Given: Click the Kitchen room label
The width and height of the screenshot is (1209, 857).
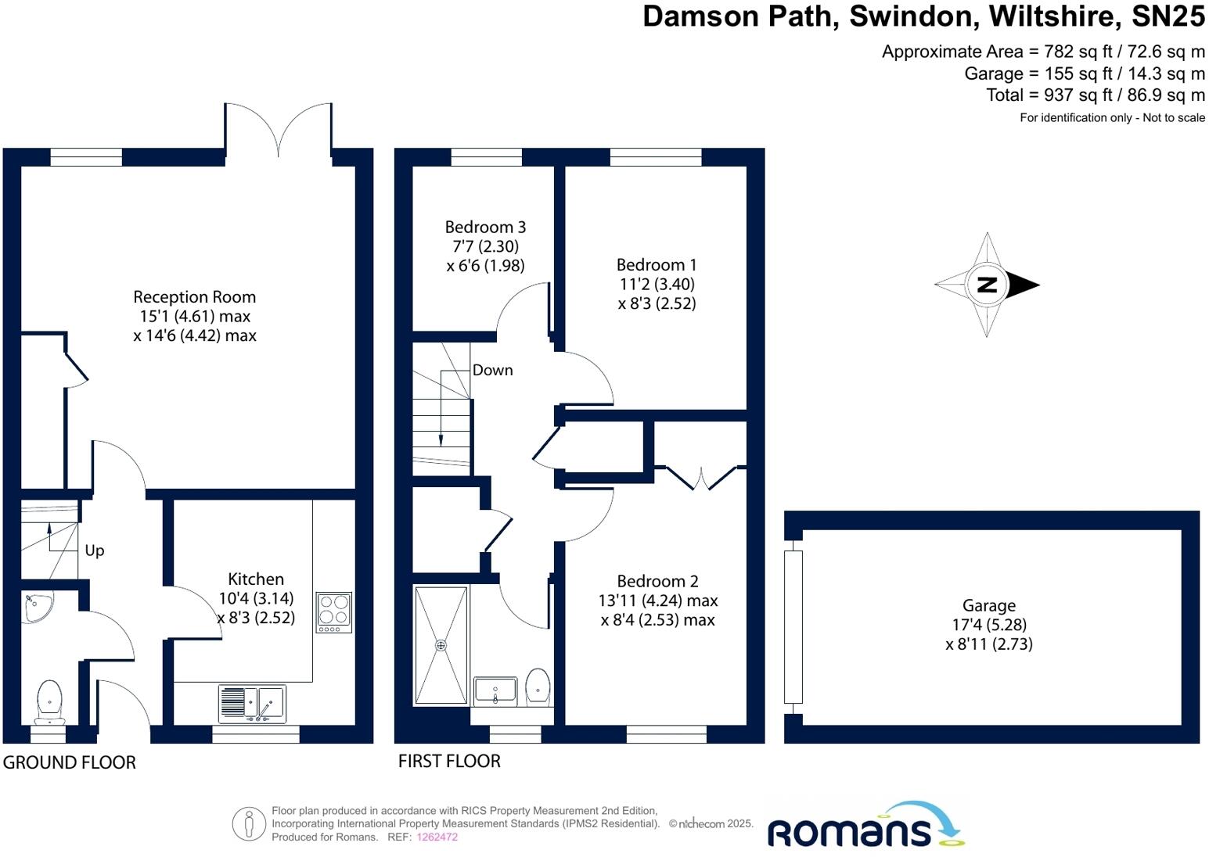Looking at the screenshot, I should (256, 579).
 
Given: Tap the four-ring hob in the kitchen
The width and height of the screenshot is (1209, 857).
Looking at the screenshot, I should (334, 611).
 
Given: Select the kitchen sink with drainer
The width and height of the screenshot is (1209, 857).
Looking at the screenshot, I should (253, 703).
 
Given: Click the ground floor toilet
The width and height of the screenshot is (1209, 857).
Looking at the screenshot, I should (49, 701).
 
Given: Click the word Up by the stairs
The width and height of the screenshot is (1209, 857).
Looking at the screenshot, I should (95, 550).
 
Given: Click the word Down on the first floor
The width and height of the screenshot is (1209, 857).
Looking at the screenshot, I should (492, 370).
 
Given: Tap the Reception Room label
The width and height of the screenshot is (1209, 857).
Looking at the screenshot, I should (194, 297).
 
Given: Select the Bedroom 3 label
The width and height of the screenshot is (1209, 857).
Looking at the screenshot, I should (485, 228).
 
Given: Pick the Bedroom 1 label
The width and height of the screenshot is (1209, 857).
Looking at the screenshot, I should (656, 265).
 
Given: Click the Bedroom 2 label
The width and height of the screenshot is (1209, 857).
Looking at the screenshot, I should (657, 581).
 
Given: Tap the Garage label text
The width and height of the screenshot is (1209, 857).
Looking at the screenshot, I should (989, 605).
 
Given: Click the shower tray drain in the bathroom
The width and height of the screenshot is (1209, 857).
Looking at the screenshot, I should (441, 646).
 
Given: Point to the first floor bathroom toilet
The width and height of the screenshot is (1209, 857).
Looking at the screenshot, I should (538, 686).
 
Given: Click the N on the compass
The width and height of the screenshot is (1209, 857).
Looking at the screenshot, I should (987, 285).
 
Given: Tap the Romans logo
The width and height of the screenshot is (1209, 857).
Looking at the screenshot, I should (865, 828).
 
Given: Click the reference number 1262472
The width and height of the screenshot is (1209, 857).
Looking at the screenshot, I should (437, 837).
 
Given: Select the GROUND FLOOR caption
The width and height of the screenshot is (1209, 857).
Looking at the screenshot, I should (70, 762).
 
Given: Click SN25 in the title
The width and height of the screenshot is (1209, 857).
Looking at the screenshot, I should (1168, 16).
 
